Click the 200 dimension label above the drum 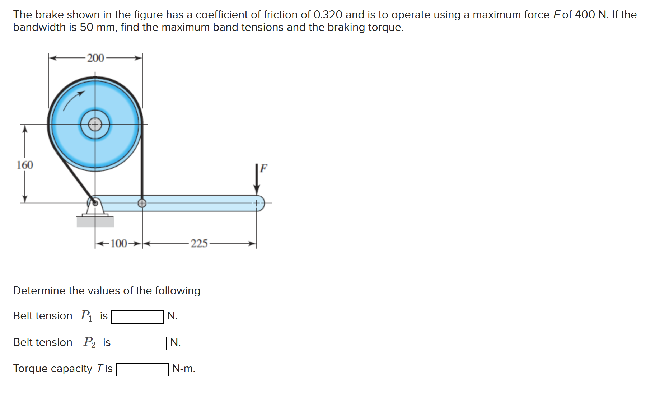[x=95, y=58]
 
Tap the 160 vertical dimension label [x=25, y=165]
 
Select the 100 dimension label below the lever [x=119, y=244]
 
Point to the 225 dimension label [x=199, y=244]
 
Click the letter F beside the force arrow [x=264, y=168]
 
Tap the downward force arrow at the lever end [x=257, y=179]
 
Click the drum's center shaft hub [x=95, y=125]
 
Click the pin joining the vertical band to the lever [x=142, y=203]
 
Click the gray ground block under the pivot [x=95, y=221]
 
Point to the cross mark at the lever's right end [x=257, y=203]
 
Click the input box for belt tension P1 [x=137, y=317]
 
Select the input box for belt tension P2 [x=140, y=343]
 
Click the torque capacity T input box [x=142, y=369]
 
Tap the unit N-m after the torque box [x=184, y=369]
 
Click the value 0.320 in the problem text [x=328, y=15]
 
